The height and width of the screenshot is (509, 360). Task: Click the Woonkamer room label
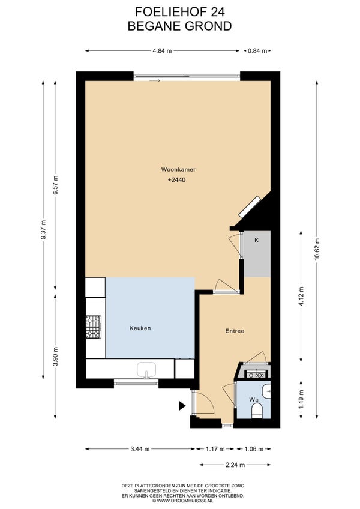click(178, 169)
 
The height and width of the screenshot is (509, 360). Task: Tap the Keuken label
click(140, 328)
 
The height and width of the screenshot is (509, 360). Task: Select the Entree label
click(235, 331)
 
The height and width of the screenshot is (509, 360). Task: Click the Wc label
click(254, 400)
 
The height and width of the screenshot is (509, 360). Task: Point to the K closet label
click(256, 241)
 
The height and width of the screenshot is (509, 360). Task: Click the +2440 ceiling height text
click(177, 180)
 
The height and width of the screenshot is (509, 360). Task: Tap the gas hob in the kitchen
click(94, 327)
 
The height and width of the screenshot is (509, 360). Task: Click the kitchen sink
click(146, 370)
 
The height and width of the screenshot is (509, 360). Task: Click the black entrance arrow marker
click(182, 405)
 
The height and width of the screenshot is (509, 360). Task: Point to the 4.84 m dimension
click(163, 51)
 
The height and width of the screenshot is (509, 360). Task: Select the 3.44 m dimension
click(140, 449)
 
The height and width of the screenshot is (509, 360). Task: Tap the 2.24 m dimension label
click(235, 465)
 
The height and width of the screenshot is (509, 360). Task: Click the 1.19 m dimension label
click(301, 399)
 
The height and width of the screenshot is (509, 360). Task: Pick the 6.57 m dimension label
click(56, 185)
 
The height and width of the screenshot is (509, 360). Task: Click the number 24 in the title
click(217, 12)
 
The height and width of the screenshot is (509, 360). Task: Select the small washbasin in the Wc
click(266, 391)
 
